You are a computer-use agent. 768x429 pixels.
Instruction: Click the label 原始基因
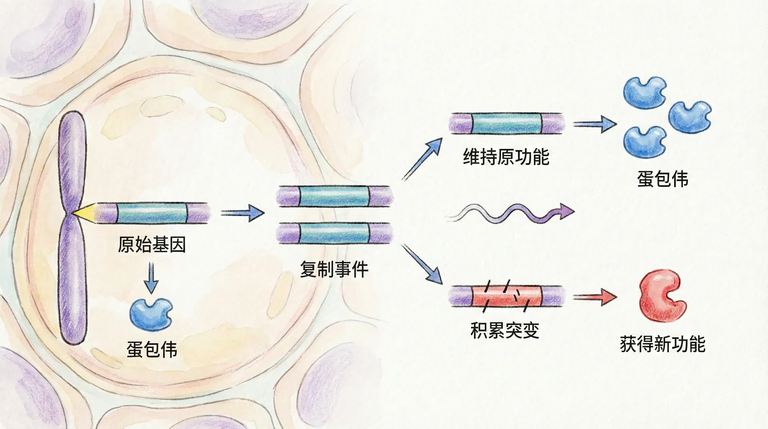(x=152, y=245)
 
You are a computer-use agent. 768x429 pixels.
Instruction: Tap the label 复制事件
(x=334, y=269)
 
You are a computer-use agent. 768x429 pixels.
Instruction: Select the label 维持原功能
(x=506, y=156)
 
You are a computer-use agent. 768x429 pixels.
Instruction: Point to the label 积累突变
(x=505, y=330)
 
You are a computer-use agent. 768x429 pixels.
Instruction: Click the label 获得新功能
(x=662, y=344)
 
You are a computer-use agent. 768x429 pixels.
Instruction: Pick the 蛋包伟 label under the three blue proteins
(x=662, y=178)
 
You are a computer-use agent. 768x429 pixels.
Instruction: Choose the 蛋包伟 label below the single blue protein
(x=152, y=349)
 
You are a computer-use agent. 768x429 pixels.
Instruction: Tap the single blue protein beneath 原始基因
(x=150, y=314)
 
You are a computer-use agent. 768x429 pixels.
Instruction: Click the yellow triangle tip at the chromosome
(x=83, y=212)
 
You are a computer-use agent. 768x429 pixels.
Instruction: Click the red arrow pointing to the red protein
(x=595, y=298)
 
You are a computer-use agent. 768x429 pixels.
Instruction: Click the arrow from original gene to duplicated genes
(x=242, y=213)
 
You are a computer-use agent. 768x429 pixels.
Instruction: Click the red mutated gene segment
(x=506, y=296)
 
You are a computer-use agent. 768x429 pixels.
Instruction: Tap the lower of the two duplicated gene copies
(x=334, y=233)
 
